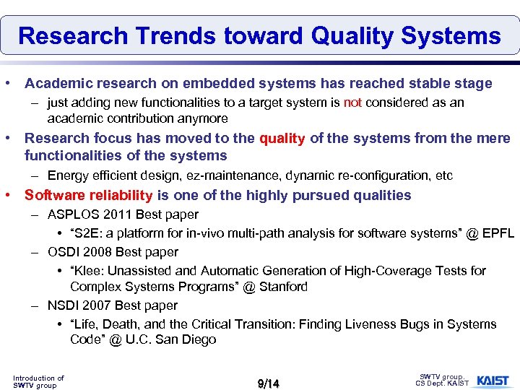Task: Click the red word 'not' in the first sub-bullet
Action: tap(352, 103)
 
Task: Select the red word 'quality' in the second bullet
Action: tap(282, 138)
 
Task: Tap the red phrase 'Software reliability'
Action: tap(88, 195)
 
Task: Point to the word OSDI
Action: tap(63, 252)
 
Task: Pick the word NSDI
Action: tap(63, 305)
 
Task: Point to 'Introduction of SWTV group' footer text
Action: tap(38, 381)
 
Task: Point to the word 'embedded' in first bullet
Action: tap(217, 84)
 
